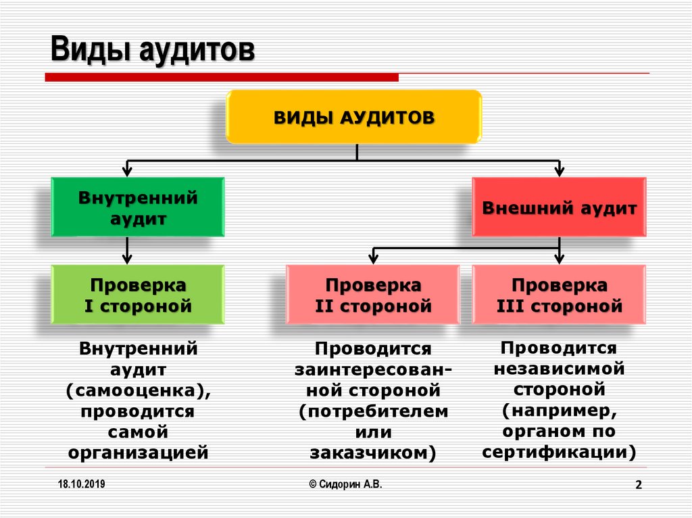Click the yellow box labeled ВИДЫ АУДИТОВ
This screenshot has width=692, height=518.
(353, 117)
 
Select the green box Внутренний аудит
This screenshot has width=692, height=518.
(138, 207)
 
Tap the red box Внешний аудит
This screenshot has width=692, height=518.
(559, 207)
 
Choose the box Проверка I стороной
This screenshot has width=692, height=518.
(138, 294)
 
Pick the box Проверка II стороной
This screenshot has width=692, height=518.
(373, 294)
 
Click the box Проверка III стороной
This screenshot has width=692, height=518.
(559, 294)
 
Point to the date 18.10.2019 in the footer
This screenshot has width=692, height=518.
(81, 484)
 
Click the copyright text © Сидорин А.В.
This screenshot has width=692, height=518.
(345, 484)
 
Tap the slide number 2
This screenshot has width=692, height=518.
(639, 485)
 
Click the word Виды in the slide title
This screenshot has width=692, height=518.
(91, 49)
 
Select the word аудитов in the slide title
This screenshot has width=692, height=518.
(197, 50)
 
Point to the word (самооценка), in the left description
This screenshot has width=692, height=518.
(138, 390)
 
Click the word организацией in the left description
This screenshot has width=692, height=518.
(138, 452)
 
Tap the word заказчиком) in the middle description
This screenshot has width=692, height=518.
(373, 452)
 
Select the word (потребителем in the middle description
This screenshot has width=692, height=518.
(373, 411)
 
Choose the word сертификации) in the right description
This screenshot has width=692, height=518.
(559, 452)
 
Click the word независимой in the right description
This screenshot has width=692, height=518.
(559, 369)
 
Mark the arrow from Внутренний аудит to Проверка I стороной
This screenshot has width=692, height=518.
(127, 251)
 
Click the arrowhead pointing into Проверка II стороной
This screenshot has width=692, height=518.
(373, 259)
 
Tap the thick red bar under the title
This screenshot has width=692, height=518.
(222, 78)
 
